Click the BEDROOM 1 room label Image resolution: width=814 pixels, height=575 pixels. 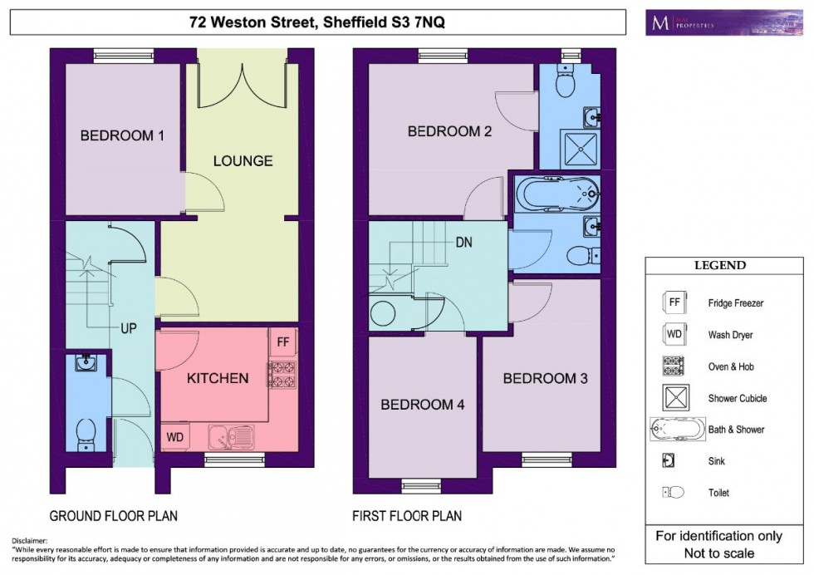(x=122, y=136)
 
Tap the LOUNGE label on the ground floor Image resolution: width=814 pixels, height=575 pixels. (x=243, y=161)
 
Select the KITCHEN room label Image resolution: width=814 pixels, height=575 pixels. (x=217, y=379)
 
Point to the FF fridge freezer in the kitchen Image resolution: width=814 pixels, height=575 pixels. (x=282, y=342)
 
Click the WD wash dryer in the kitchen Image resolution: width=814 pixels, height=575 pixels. (x=175, y=435)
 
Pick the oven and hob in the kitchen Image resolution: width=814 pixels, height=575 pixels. (x=282, y=375)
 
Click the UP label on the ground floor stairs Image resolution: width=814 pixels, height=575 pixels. (x=129, y=328)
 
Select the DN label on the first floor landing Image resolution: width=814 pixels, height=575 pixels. (x=464, y=243)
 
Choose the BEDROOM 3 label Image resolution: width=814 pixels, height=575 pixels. (x=545, y=379)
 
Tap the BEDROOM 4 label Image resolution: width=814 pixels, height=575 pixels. (x=422, y=405)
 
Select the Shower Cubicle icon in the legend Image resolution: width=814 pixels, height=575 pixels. (x=674, y=398)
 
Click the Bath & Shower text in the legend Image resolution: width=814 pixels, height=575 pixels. (x=736, y=430)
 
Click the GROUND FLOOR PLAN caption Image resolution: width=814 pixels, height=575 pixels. (x=113, y=516)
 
